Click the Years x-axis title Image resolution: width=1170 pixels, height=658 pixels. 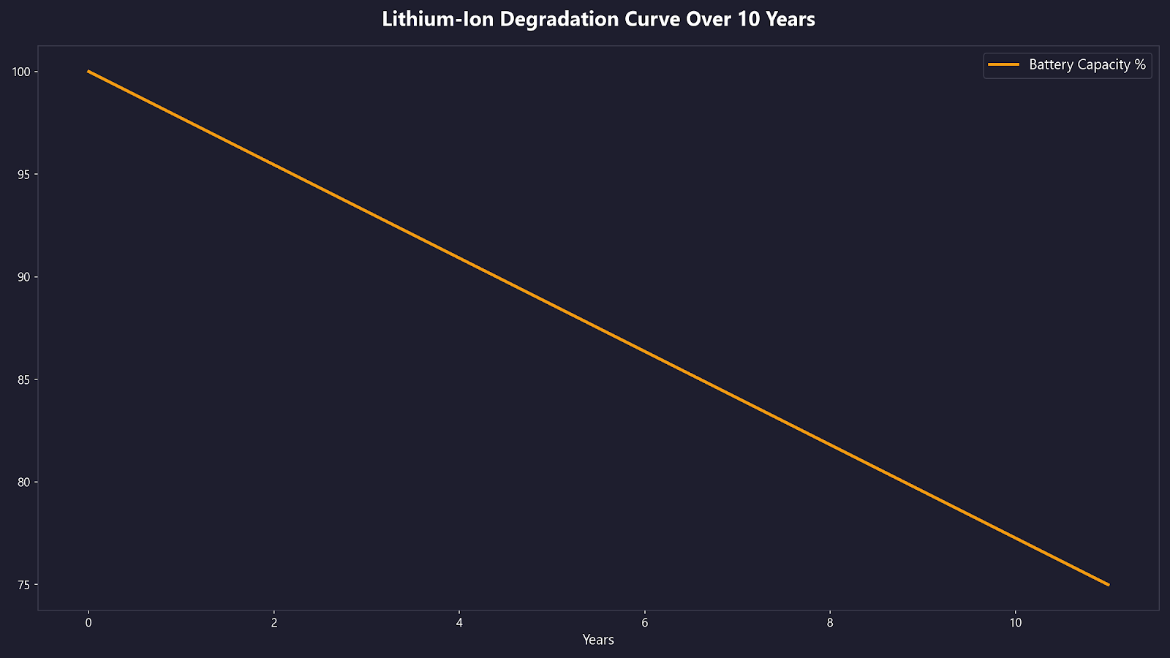[598, 640]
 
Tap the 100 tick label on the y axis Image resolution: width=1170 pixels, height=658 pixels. [20, 72]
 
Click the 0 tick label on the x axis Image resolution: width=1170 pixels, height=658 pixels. [88, 623]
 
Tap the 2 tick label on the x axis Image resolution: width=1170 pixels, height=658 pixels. [274, 623]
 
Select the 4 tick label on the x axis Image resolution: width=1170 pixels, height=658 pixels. [459, 623]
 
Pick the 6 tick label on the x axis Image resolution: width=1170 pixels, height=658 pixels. [645, 623]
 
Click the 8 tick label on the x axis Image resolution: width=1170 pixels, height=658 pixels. [830, 623]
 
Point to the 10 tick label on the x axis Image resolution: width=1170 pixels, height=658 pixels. [1016, 623]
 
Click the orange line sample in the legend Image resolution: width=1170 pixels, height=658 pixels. [1003, 65]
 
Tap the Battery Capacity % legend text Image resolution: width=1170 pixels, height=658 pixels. [1087, 65]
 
